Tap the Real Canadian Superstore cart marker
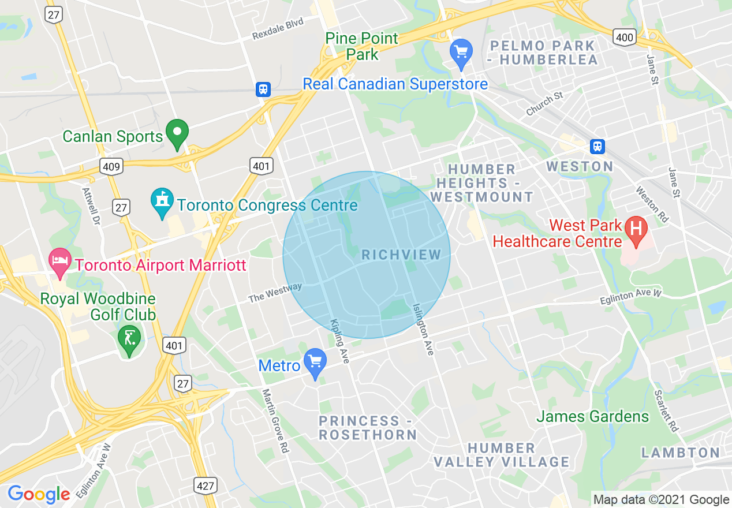click(x=461, y=53)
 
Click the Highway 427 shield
click(x=206, y=485)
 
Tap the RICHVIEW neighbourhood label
click(x=401, y=255)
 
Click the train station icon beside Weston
click(x=597, y=146)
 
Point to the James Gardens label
click(x=593, y=416)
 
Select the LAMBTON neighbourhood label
click(x=681, y=453)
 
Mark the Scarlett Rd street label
click(x=666, y=410)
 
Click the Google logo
click(x=39, y=494)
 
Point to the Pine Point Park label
click(x=362, y=46)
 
